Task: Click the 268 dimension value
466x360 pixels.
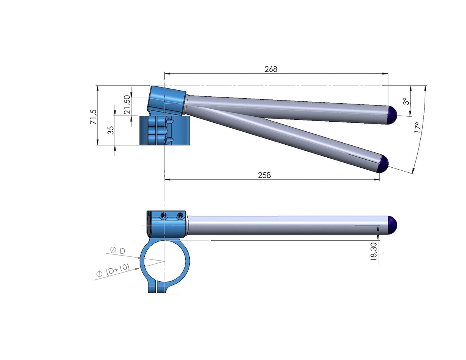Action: coord(271,69)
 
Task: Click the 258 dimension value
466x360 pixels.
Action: coord(264,175)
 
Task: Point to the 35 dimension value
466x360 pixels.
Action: coord(111,130)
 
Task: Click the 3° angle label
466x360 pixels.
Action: coord(405,101)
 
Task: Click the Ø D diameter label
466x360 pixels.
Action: coord(117,251)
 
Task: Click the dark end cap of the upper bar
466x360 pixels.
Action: coord(392,115)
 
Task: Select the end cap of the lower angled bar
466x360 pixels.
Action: coord(383,164)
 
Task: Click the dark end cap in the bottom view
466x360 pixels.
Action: coord(392,225)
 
